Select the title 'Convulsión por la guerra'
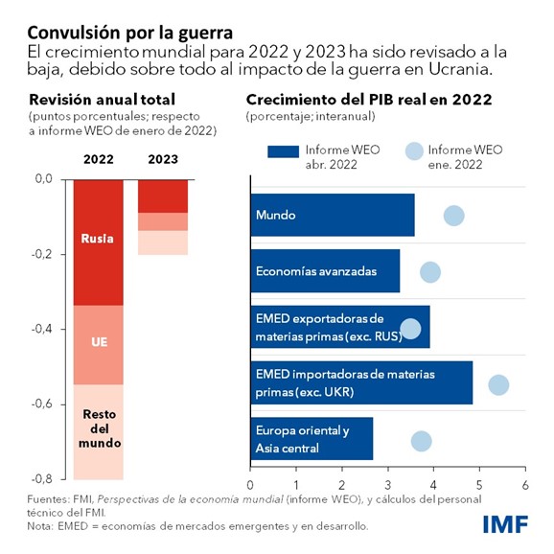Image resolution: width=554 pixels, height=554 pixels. coord(127,16)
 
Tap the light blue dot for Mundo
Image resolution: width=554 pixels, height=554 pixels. coord(453,216)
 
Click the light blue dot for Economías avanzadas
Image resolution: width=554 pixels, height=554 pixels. coord(430,272)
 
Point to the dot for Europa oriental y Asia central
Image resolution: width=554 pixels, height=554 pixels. coord(421,441)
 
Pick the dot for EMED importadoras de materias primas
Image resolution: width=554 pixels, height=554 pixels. coord(498,384)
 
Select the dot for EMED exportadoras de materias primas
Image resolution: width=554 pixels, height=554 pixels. coord(410,329)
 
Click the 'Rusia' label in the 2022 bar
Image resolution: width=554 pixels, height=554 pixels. coord(98,239)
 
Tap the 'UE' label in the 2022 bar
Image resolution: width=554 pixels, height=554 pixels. coord(98,340)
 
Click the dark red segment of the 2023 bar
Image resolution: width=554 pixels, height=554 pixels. coord(163,196)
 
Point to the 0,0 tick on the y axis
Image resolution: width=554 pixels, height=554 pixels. coord(42,178)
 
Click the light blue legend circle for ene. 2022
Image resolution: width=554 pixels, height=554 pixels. coord(414,150)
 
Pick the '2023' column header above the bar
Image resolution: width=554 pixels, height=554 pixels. coord(163,159)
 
